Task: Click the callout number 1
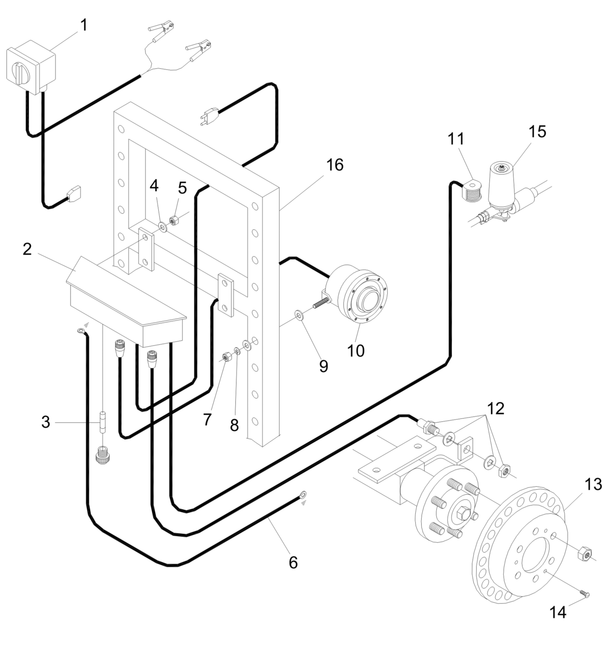(84, 25)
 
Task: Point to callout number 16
(335, 165)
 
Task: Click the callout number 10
(356, 351)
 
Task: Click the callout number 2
(27, 250)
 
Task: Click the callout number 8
(234, 426)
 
